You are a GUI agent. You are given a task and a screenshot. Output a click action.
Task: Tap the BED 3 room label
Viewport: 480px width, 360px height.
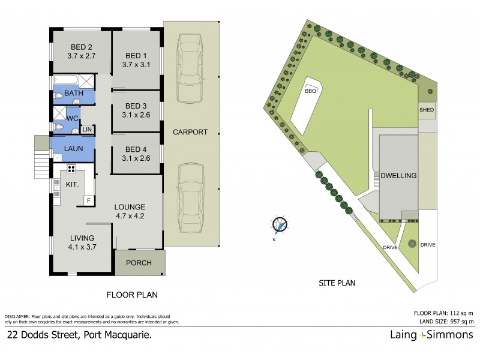pyautogui.click(x=136, y=103)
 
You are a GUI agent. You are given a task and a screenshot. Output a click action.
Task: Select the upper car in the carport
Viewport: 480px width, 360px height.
pyautogui.click(x=190, y=69)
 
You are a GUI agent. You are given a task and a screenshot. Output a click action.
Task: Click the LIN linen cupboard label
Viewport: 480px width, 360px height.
pyautogui.click(x=87, y=130)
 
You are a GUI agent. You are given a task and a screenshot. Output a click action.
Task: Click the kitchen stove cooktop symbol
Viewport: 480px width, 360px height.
pyautogui.click(x=71, y=169)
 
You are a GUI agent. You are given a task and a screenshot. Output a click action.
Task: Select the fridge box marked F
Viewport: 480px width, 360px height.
pyautogui.click(x=89, y=199)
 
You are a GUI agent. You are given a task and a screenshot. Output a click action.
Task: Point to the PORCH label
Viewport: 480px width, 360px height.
pyautogui.click(x=139, y=263)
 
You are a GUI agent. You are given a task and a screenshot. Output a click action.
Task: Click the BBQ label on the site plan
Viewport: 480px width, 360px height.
pyautogui.click(x=310, y=91)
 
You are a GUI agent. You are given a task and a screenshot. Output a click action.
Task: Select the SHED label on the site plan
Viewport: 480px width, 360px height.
pyautogui.click(x=427, y=110)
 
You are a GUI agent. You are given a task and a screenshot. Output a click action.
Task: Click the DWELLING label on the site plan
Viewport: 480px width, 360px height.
pyautogui.click(x=398, y=176)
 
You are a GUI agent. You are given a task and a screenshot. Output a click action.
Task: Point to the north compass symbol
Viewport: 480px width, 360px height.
pyautogui.click(x=278, y=225)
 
